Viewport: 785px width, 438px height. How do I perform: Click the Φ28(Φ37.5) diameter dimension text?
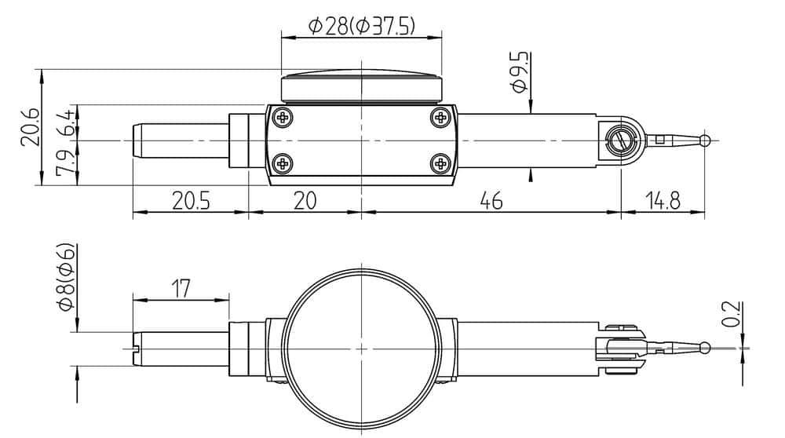[362, 27]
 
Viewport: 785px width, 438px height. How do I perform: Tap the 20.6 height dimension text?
[29, 126]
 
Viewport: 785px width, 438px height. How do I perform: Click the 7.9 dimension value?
[66, 162]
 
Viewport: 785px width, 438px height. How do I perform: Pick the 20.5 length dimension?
[191, 201]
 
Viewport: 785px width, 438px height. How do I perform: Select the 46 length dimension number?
[491, 201]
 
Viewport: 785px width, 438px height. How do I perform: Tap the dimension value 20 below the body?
[305, 201]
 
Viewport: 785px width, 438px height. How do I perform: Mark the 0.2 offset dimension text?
[731, 313]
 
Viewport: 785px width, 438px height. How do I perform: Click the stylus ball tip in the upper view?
[706, 141]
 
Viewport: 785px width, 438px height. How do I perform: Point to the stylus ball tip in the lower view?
[706, 348]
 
